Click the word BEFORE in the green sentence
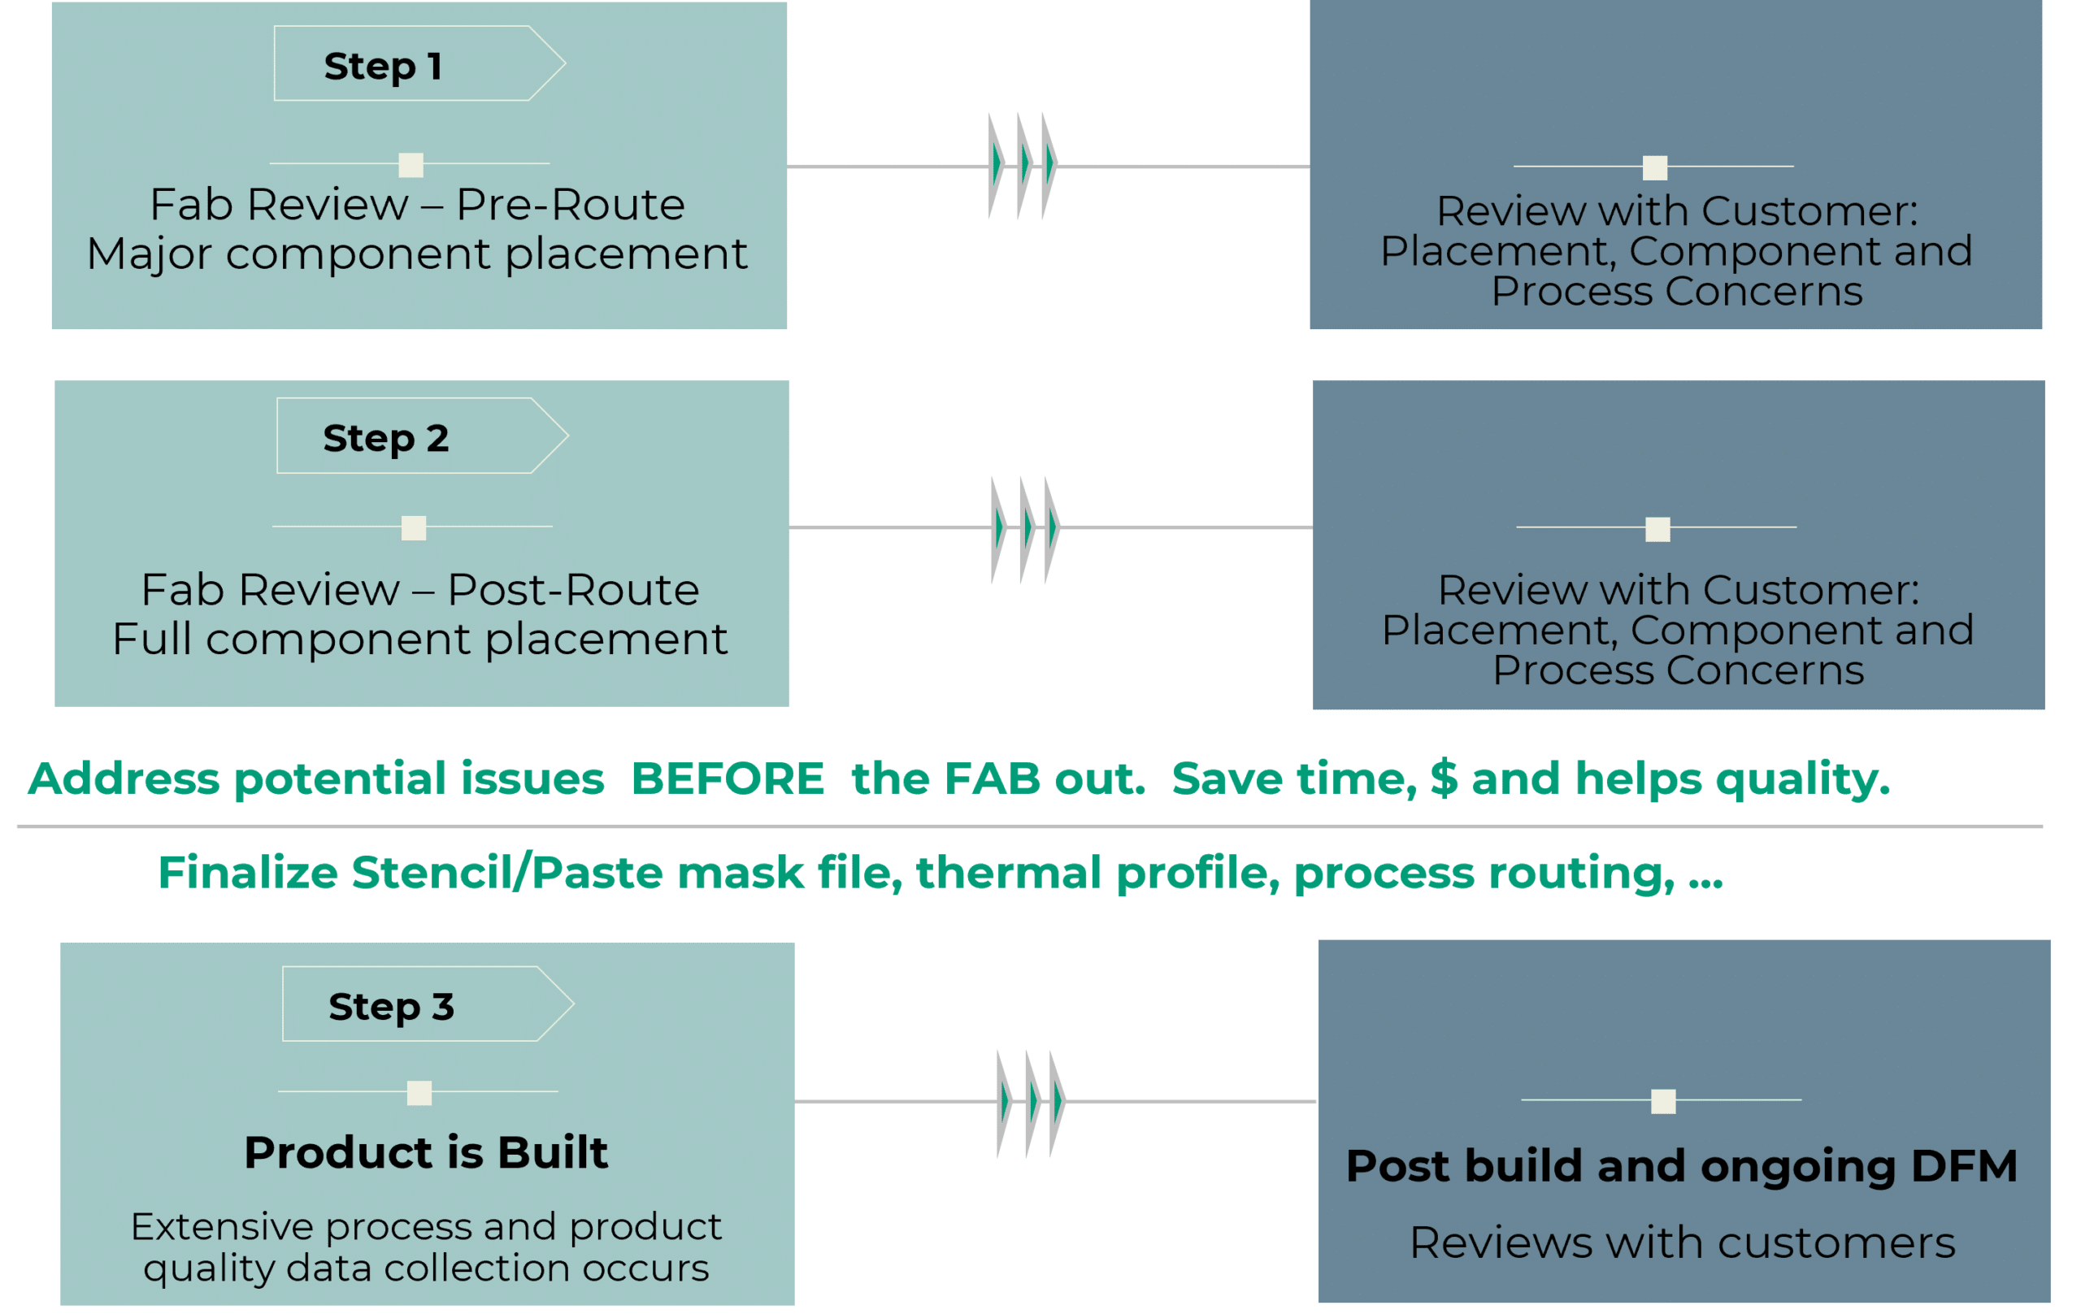pos(728,778)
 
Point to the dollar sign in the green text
pos(1444,778)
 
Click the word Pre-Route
pos(571,205)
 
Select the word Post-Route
pos(573,590)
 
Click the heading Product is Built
pos(426,1152)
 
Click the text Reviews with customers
pos(1682,1243)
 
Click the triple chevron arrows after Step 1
pos(1023,165)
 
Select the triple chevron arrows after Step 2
pos(1026,529)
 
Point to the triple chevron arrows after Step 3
pos(1031,1104)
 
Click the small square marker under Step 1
pos(411,165)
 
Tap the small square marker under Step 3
pos(419,1093)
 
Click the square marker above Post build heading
pos(1662,1101)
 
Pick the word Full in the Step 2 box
pos(151,640)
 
